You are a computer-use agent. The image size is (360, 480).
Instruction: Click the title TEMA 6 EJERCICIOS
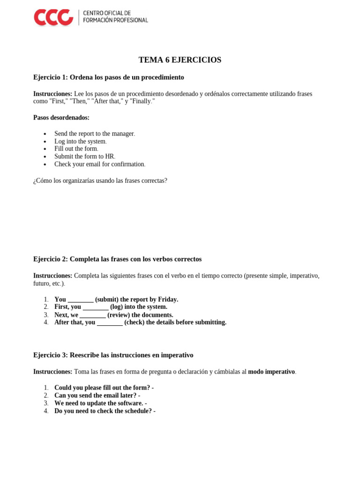pos(180,60)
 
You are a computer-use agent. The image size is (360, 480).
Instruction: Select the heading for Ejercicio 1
pos(108,77)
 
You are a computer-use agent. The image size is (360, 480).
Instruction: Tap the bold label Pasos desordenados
pos(61,118)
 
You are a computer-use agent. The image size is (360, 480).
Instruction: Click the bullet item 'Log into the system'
pos(80,142)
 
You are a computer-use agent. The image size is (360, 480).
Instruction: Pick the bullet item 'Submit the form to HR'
pos(84,157)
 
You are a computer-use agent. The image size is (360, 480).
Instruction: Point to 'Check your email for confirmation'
pos(99,164)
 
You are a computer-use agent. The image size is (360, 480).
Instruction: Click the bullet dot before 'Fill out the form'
pos(45,149)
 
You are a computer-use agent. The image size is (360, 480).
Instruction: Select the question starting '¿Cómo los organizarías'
pos(100,180)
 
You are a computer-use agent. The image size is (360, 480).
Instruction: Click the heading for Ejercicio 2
pos(117,259)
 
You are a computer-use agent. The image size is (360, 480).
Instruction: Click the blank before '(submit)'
pos(81,300)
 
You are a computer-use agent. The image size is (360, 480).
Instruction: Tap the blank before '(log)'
pos(96,307)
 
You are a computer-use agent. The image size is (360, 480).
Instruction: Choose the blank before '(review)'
pos(92,315)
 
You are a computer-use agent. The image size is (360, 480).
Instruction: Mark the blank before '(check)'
pos(110,322)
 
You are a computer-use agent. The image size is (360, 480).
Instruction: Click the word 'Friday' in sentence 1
pos(167,300)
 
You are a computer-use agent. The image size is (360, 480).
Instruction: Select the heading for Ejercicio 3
pos(113,355)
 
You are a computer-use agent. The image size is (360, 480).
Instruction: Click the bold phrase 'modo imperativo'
pos(271,372)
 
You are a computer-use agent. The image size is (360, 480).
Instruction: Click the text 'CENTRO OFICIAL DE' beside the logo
pos(107,13)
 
